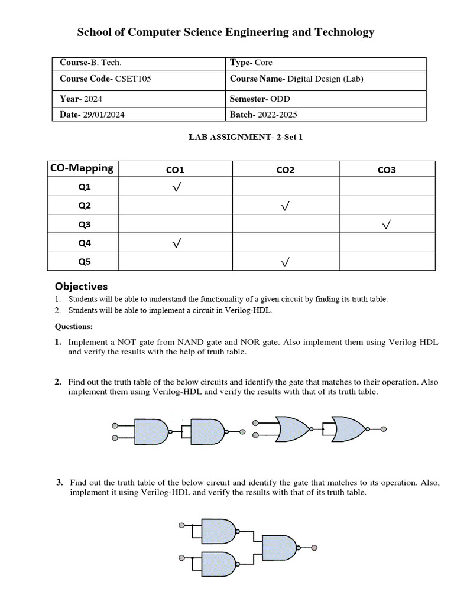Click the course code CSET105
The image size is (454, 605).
point(132,79)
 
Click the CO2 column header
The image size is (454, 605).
point(286,170)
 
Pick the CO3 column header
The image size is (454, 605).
point(387,170)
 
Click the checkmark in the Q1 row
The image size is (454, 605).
point(176,188)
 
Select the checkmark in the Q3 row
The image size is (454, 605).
point(387,225)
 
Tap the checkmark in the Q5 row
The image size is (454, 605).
point(286,262)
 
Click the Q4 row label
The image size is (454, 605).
point(85,243)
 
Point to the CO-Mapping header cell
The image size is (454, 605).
point(82,168)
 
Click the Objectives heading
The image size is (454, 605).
point(82,286)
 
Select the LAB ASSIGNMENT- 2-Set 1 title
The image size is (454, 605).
point(246,138)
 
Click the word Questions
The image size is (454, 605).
point(74,326)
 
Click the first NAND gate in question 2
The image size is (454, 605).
point(152,432)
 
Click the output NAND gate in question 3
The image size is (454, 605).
point(280,548)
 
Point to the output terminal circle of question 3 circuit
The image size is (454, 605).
point(315,548)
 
